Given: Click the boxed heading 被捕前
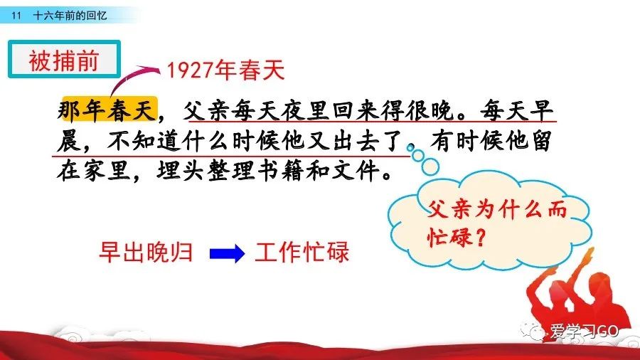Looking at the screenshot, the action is click(64, 60).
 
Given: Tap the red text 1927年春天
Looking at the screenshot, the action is click(225, 70).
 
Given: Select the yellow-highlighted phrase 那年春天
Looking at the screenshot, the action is click(107, 110).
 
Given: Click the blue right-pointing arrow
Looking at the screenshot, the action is click(227, 253).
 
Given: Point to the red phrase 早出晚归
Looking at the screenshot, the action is click(146, 253).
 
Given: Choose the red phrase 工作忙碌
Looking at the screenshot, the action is click(302, 253).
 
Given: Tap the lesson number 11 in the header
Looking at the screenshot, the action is click(16, 16).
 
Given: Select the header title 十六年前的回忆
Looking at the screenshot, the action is click(70, 16).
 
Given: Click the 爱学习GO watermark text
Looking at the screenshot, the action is click(584, 331).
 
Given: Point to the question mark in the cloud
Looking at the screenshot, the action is click(481, 237).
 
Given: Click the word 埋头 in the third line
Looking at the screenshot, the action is click(180, 171).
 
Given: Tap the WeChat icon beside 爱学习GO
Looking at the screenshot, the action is click(533, 331).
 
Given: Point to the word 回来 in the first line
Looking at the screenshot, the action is click(356, 110).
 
